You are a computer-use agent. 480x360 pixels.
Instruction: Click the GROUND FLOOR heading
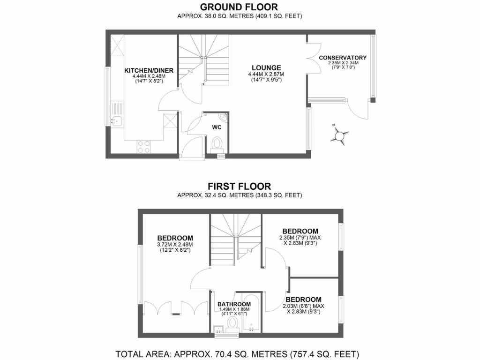[x=239, y=7]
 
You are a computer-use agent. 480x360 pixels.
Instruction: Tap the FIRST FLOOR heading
[x=239, y=186]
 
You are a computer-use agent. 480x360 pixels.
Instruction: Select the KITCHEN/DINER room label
[x=149, y=71]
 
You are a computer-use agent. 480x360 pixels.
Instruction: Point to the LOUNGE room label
[x=266, y=67]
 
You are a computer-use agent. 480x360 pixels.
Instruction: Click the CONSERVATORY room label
[x=343, y=58]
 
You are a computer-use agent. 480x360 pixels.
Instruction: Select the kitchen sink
[x=117, y=122]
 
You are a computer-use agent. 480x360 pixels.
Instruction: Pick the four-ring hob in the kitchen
[x=144, y=147]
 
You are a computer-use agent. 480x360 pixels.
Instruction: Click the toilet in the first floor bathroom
[x=232, y=324]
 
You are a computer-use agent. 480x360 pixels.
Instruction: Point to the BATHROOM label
[x=234, y=304]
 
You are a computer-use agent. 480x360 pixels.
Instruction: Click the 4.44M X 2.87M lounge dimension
[x=266, y=74]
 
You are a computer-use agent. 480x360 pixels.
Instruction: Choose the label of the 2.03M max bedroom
[x=304, y=300]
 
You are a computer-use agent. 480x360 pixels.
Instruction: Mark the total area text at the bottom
[x=237, y=353]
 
